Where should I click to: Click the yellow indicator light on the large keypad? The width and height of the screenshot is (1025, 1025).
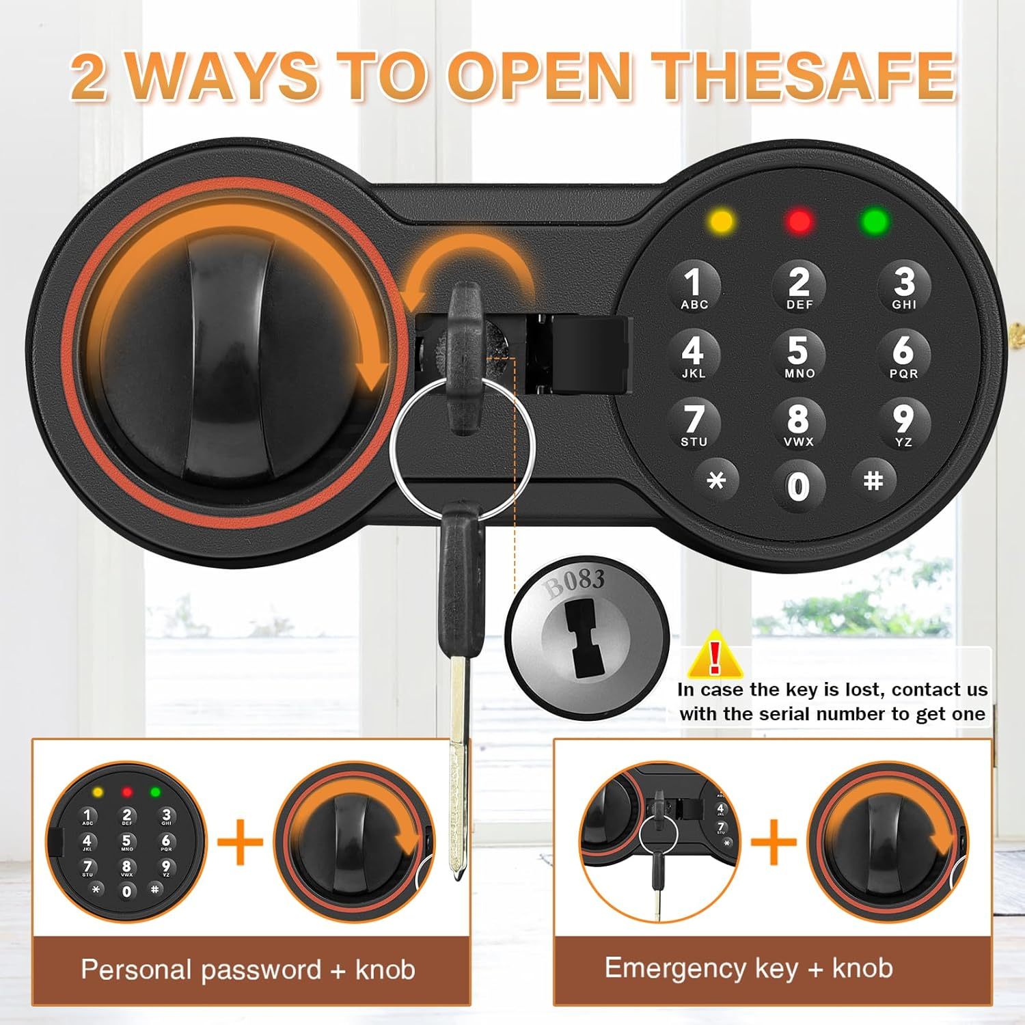pos(722,221)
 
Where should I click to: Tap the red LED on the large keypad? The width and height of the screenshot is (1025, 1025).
pos(799,221)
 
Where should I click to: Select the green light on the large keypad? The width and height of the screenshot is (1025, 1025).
pos(875,221)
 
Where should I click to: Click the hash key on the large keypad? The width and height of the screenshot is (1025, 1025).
pos(873,481)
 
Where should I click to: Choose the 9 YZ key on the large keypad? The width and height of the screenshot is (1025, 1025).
pos(903,424)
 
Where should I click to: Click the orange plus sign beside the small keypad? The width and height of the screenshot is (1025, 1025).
pos(241,842)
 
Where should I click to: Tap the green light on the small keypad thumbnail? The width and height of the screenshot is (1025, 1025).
pos(155,793)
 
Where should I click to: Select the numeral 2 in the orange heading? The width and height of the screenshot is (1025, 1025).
pos(89,77)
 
